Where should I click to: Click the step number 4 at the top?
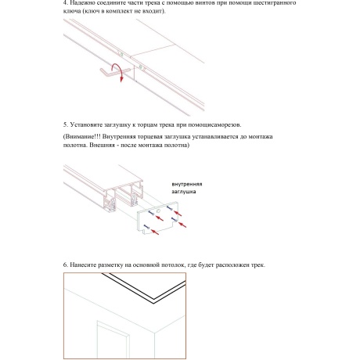[x=65, y=3]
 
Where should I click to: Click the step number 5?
[x=65, y=124]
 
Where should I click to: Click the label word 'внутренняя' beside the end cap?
[x=189, y=184]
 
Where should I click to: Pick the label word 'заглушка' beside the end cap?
[x=185, y=192]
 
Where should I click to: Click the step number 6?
[x=65, y=265]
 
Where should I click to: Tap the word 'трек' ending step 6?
[x=257, y=265]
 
